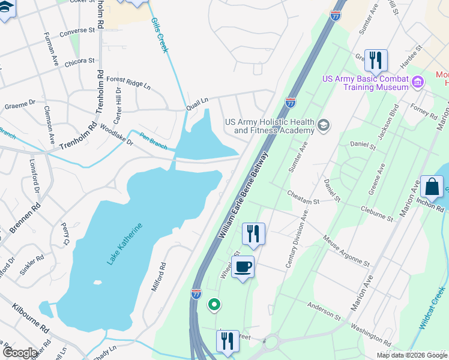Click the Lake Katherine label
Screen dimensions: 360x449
[126, 244]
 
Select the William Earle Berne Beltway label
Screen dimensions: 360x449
[244, 195]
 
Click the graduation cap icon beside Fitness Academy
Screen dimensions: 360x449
[324, 125]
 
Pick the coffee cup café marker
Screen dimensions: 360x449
[243, 267]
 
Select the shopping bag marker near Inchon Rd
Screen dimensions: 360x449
[432, 187]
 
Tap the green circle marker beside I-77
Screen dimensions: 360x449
[214, 305]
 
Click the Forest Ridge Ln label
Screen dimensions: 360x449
[128, 82]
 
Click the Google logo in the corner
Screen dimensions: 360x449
[20, 353]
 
